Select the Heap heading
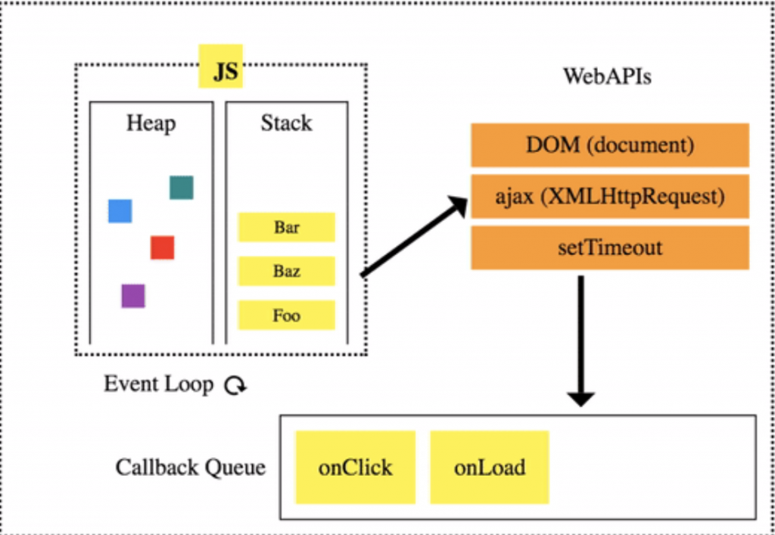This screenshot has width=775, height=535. (151, 123)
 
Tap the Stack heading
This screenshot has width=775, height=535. (286, 123)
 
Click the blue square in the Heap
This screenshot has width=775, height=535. (120, 211)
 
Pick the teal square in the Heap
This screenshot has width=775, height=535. (182, 187)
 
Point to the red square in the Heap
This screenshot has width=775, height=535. (162, 247)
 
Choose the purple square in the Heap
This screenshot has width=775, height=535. (133, 296)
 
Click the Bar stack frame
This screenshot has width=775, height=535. (286, 227)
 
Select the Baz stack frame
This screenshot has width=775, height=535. (286, 271)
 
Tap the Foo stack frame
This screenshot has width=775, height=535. (286, 315)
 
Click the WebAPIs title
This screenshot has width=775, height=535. (607, 76)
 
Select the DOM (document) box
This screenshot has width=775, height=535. (610, 145)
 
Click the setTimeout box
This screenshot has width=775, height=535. (610, 247)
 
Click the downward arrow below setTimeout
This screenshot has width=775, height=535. (581, 341)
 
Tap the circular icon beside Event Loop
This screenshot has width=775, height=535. (235, 386)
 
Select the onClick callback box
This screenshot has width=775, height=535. (355, 467)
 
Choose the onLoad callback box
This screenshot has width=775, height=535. (490, 467)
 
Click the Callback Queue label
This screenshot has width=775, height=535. (191, 467)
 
